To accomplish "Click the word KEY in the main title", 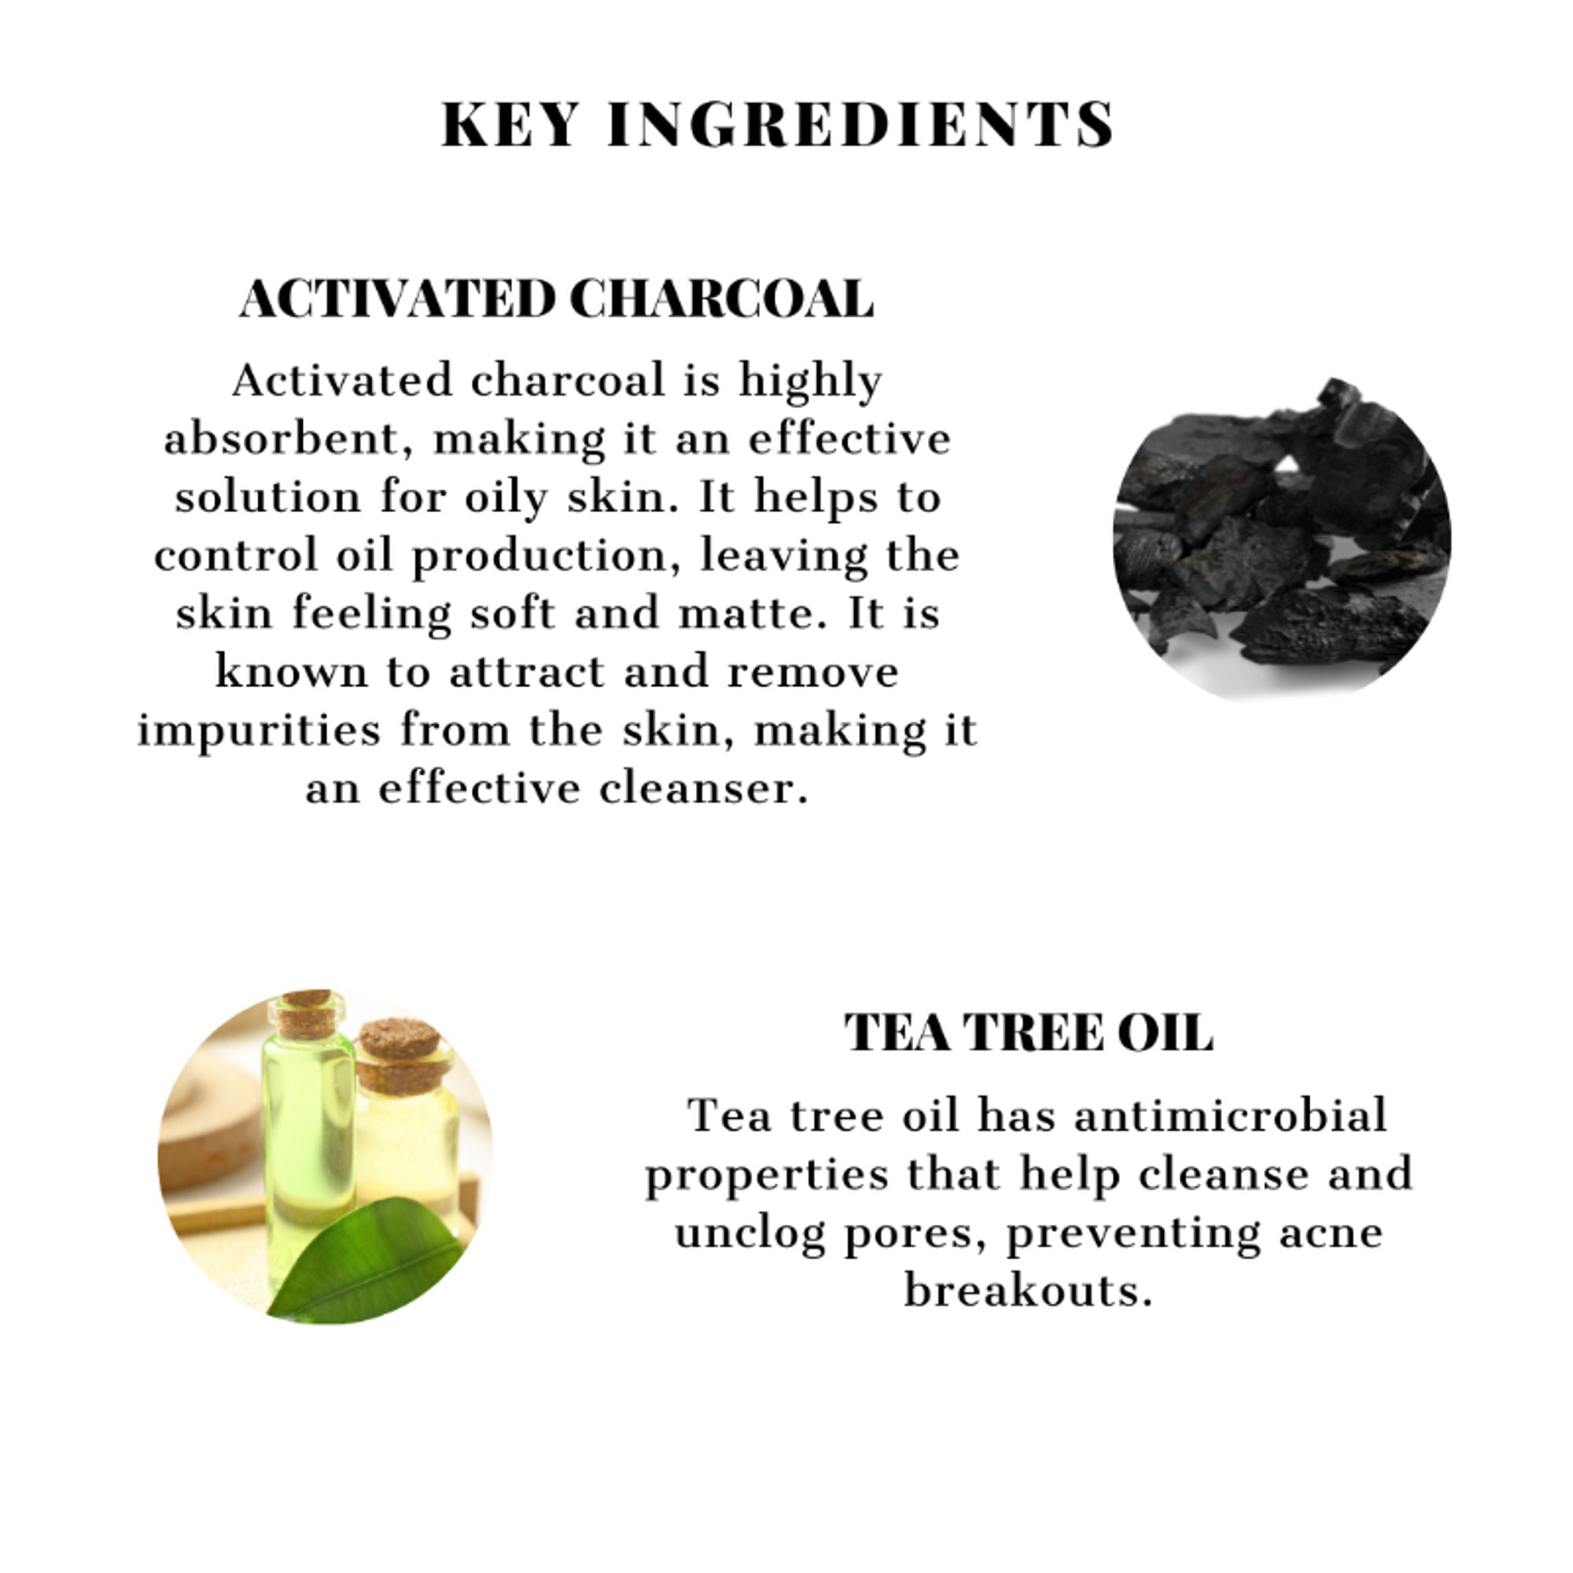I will (x=510, y=124).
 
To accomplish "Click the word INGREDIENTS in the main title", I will (x=860, y=124).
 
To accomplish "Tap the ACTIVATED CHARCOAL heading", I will (x=557, y=299).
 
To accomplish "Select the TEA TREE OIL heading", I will (x=1028, y=1033).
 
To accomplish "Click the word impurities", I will (x=259, y=731).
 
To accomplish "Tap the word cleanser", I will (x=704, y=788).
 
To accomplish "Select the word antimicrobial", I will (x=1230, y=1115).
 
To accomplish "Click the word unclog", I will (x=750, y=1232).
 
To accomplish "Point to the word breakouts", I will (x=1028, y=1291).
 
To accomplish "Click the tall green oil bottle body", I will (x=308, y=1140).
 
